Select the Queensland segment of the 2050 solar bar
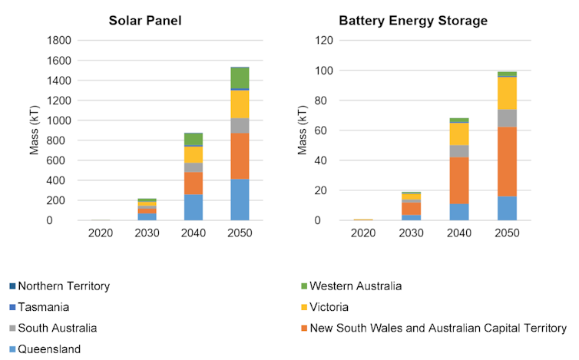[240, 200]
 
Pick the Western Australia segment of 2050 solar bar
[240, 78]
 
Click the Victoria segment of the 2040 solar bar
[194, 154]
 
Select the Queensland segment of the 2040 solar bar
[194, 207]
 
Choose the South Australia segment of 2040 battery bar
[459, 151]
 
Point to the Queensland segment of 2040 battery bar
[459, 212]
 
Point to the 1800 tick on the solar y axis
[61, 40]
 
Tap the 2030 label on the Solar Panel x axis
[147, 232]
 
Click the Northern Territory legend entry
[64, 286]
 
